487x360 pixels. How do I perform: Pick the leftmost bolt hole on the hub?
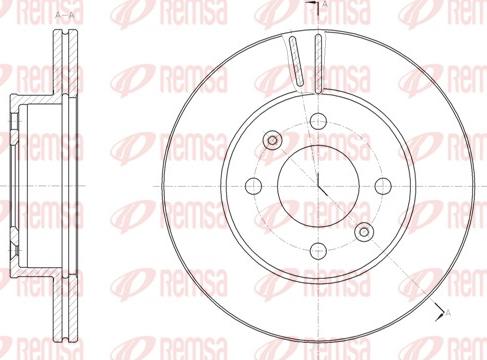252,185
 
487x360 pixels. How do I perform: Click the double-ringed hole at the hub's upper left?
271,141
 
